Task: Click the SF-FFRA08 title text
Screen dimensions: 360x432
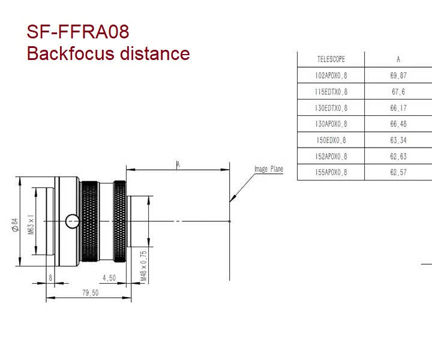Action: tap(78, 31)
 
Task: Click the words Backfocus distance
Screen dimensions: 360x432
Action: tap(108, 53)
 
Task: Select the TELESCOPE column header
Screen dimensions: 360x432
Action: tap(331, 59)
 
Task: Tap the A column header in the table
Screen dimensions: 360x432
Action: tap(398, 59)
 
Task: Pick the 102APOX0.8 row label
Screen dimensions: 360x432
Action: tap(331, 76)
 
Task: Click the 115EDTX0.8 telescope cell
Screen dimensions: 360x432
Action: tap(331, 92)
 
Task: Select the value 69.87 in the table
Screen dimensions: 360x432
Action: tap(398, 76)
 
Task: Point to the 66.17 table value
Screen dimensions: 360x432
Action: tap(398, 108)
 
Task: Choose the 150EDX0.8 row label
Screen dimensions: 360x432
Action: tap(331, 140)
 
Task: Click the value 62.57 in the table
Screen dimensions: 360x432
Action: tap(398, 173)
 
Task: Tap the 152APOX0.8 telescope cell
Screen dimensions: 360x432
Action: tap(331, 157)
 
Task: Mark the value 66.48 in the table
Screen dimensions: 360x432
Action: tap(398, 124)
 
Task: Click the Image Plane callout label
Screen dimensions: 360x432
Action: tap(268, 170)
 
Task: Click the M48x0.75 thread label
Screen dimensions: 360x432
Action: tap(143, 266)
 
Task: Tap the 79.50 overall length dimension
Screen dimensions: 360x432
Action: tap(91, 293)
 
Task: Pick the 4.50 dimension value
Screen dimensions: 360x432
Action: tap(109, 278)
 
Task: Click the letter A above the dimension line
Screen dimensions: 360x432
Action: tap(178, 164)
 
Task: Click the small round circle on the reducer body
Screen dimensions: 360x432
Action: tap(73, 221)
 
